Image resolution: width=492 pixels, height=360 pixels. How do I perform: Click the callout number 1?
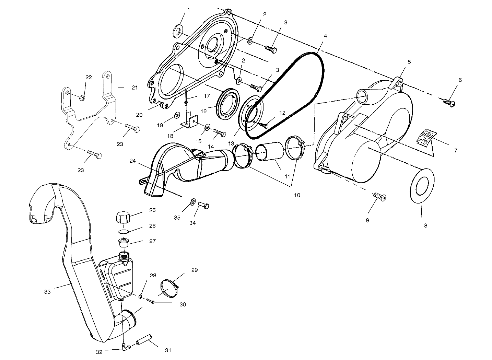point(188,10)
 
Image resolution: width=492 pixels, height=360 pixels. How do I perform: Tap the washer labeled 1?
point(178,31)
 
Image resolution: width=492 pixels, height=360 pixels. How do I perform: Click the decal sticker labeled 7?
point(426,136)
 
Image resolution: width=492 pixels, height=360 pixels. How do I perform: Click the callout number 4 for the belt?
point(325,35)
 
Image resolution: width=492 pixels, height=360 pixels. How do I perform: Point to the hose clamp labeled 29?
point(170,288)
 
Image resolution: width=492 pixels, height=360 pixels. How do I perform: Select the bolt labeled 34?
point(203,206)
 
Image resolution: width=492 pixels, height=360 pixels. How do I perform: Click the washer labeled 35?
point(192,200)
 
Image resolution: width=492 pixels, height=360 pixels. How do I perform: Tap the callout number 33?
point(47,291)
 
